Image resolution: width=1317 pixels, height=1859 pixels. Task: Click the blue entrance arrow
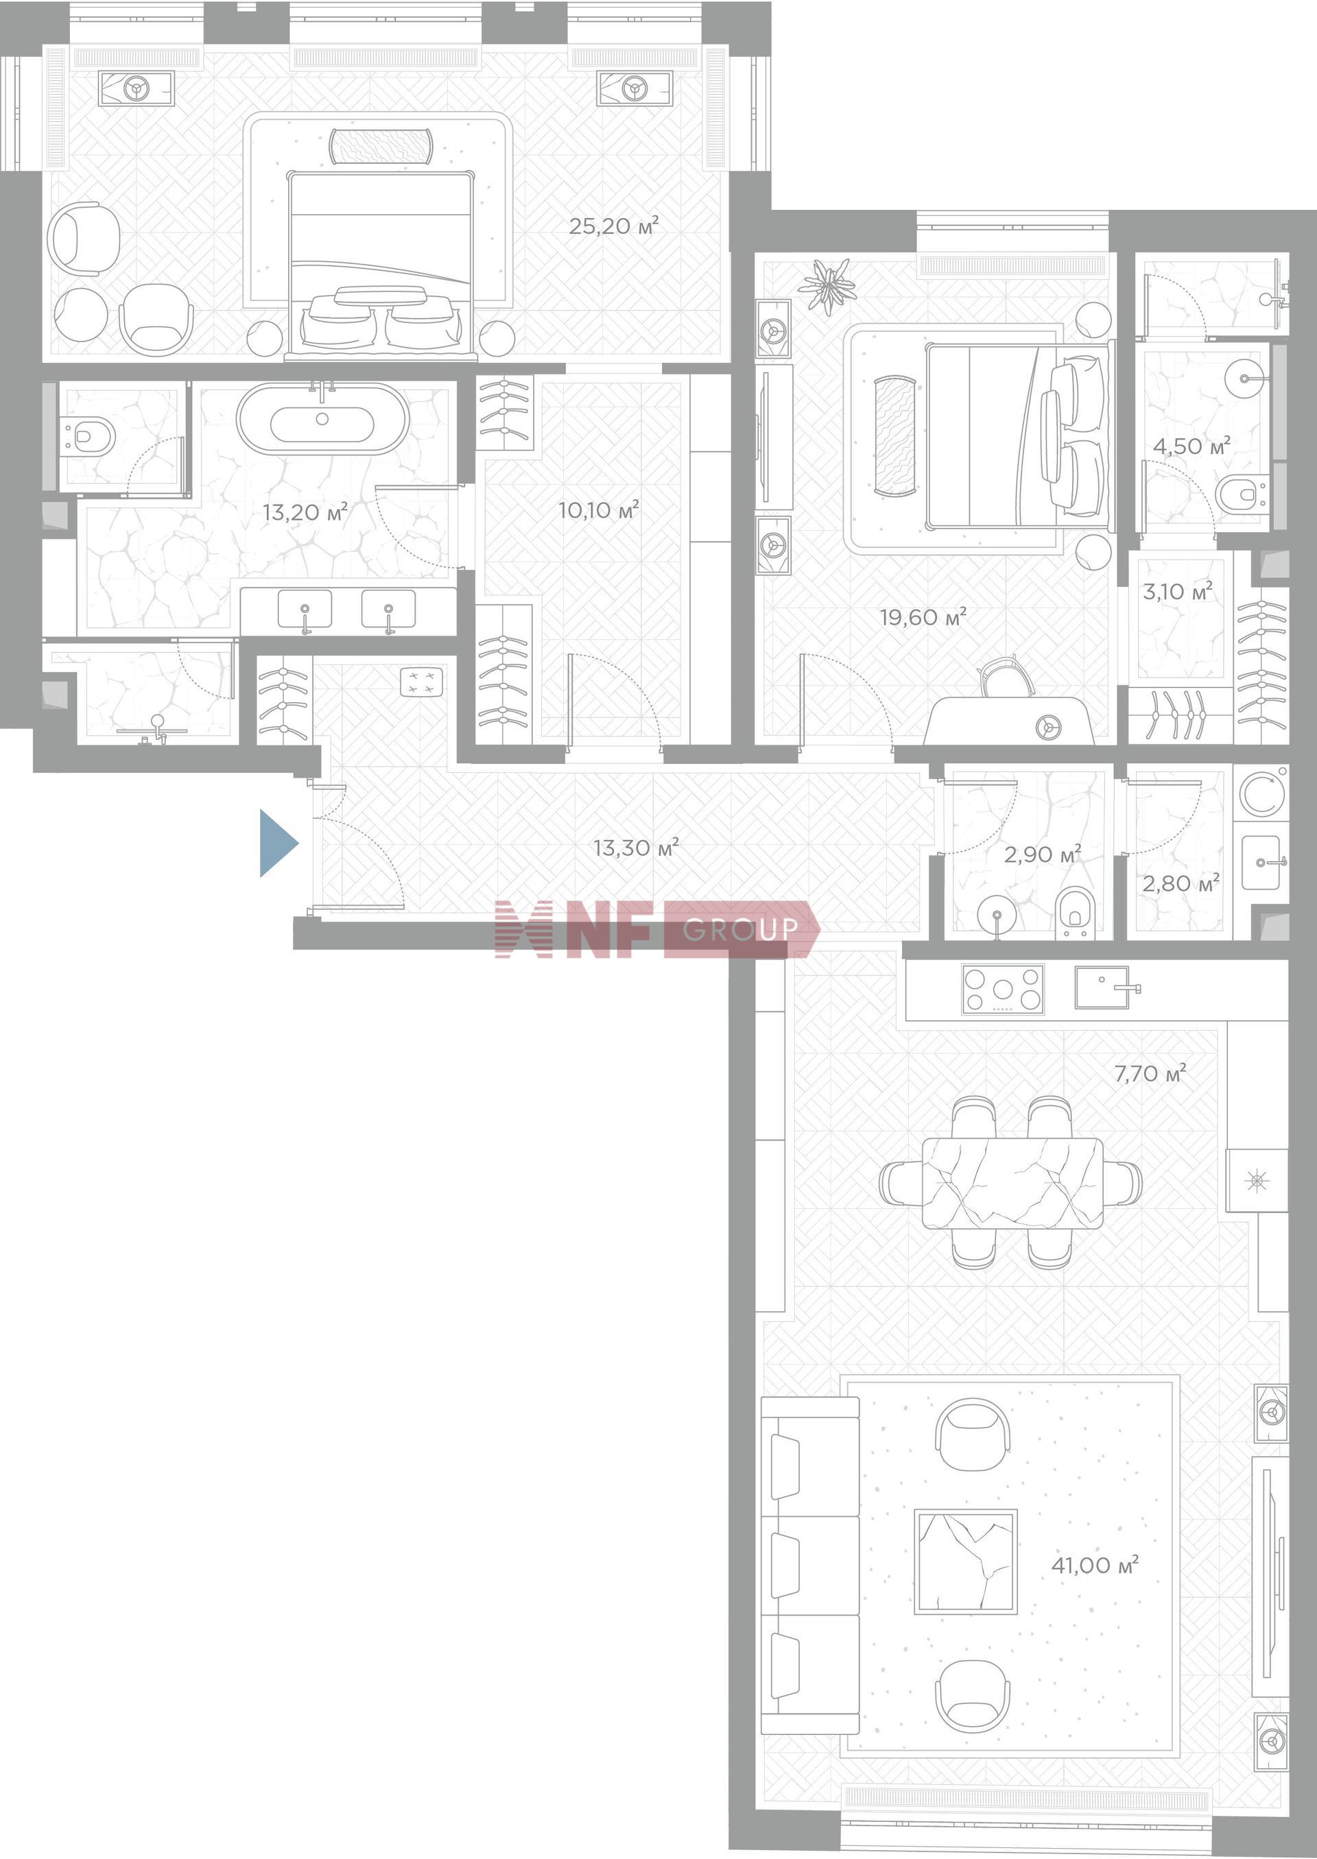(x=276, y=843)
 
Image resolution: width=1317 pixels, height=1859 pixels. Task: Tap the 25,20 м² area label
(x=613, y=226)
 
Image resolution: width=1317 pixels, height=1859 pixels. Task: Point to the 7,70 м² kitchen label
(x=1150, y=1072)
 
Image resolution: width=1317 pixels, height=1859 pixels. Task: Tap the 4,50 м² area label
(x=1191, y=445)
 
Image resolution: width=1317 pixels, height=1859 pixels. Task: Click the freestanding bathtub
(x=323, y=418)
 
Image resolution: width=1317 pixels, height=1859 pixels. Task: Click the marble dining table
(x=1012, y=1183)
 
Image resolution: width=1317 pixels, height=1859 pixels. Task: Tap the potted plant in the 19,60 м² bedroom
(x=827, y=285)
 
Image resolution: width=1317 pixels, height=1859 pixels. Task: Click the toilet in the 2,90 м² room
(x=1076, y=913)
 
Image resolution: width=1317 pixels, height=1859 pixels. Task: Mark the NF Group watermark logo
(x=658, y=929)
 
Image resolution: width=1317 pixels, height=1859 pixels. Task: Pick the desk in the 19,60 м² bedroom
(x=1010, y=720)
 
